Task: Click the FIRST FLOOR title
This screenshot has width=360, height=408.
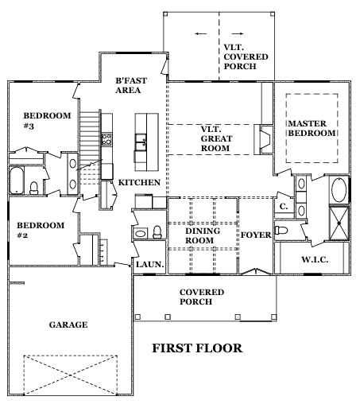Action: coord(197,348)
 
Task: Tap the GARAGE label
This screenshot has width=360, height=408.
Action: coord(68,324)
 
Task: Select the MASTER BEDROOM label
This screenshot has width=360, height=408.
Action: coord(312,128)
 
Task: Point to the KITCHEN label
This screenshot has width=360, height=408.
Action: coord(139,182)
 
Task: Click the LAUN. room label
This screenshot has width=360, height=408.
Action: coord(149,264)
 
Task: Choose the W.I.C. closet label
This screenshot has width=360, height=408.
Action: coord(315,259)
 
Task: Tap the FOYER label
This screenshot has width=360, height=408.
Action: coord(256,235)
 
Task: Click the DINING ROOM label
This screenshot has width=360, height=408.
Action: coord(203,235)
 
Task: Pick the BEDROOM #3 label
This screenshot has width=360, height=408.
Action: coord(47,121)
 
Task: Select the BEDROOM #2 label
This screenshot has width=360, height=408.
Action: coord(41,230)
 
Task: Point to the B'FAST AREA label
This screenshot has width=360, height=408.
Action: coord(131,85)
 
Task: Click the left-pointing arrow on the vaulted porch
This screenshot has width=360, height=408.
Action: coord(201,33)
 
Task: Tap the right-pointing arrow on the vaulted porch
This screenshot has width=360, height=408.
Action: coord(238,33)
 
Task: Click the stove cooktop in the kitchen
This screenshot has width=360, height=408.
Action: coord(106,139)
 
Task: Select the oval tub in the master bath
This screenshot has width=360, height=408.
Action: coord(339,190)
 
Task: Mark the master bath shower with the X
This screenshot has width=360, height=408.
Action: coord(339,223)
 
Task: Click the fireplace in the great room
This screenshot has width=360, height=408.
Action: coord(264,139)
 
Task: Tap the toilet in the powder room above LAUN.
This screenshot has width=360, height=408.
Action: coord(157,232)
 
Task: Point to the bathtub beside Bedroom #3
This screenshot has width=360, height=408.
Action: coord(17,181)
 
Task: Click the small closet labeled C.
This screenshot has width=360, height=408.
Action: coord(284,206)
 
